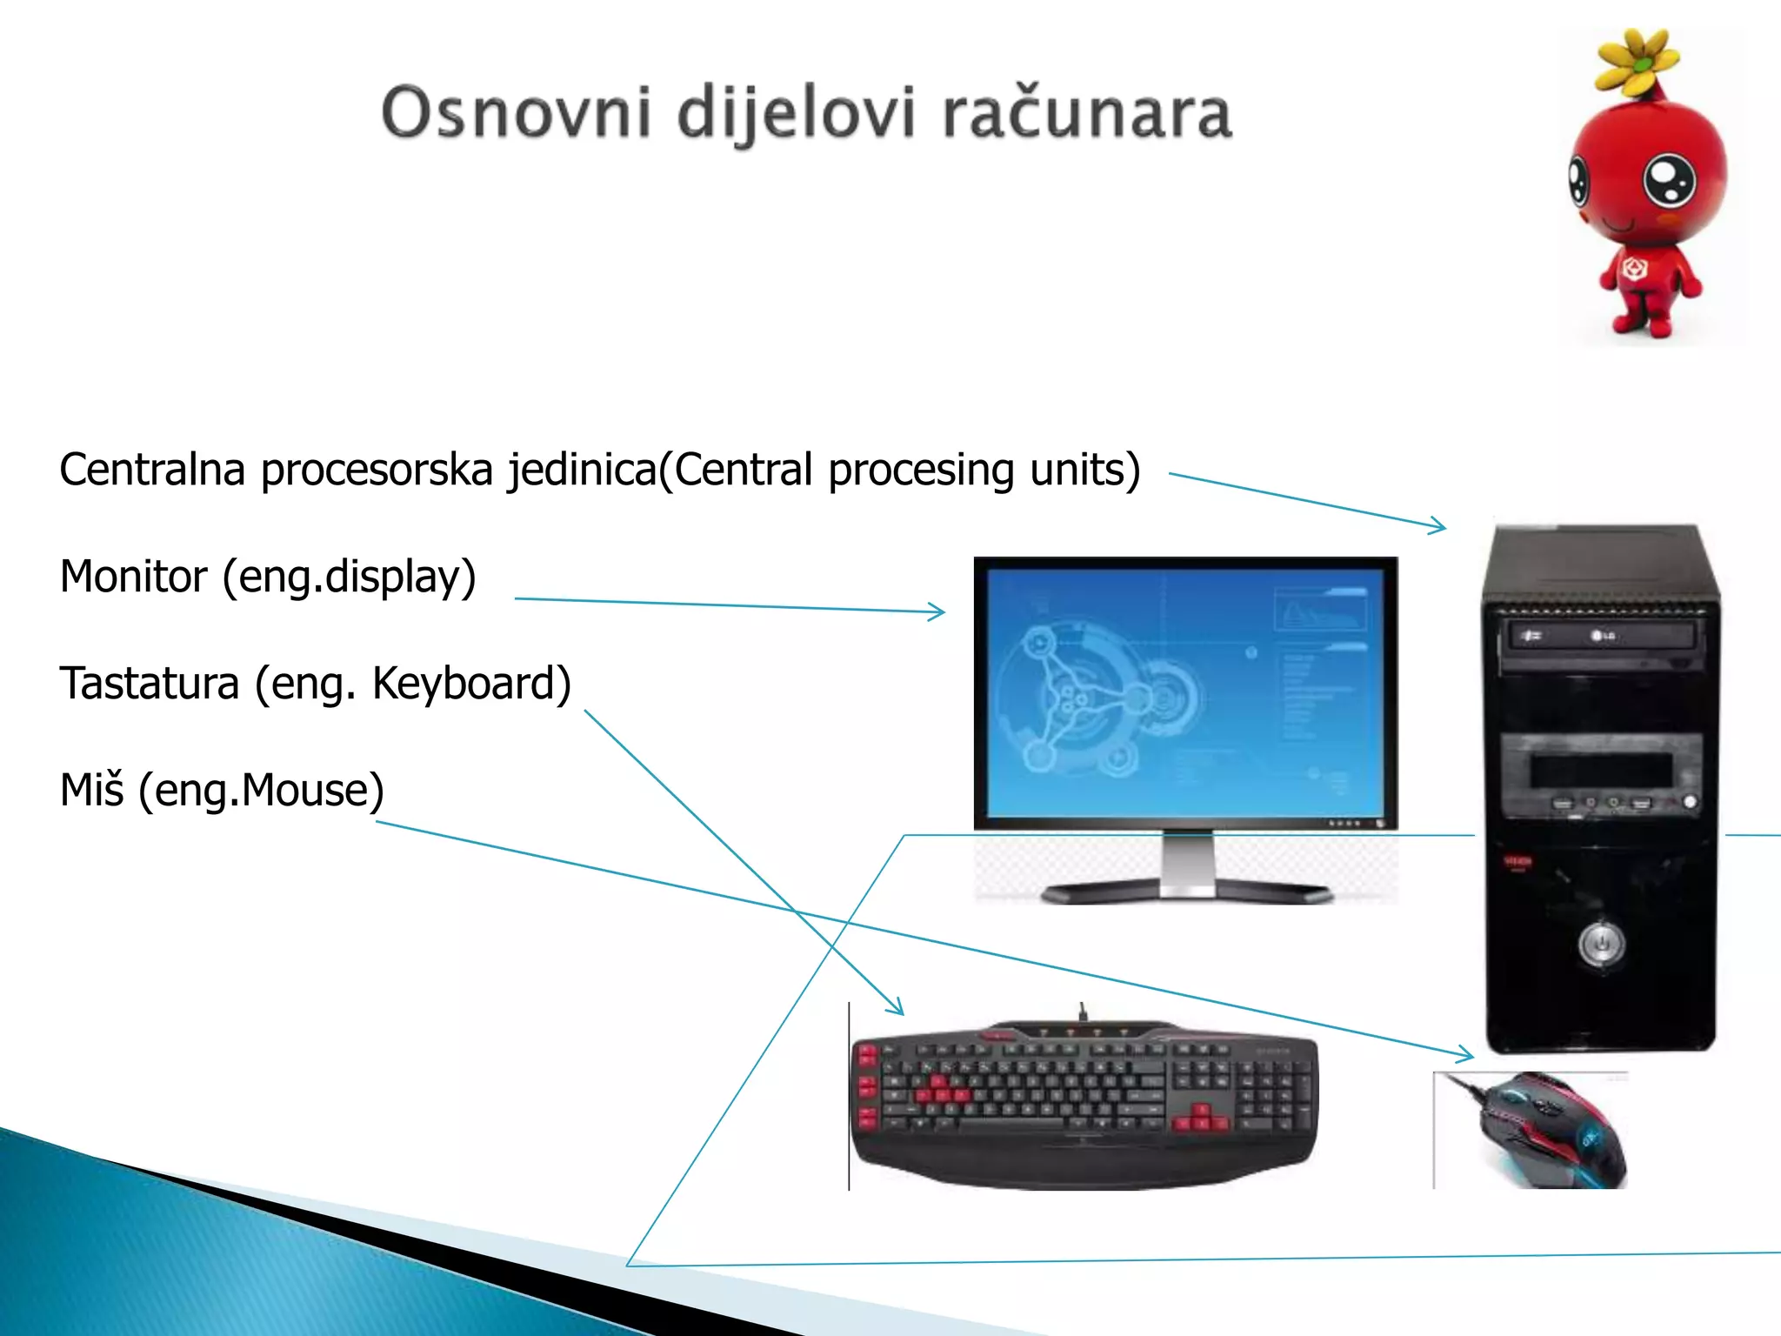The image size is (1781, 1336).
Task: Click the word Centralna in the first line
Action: point(152,470)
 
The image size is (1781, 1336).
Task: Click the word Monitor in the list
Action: point(134,577)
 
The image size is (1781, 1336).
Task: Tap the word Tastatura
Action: point(149,684)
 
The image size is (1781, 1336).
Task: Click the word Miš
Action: point(91,790)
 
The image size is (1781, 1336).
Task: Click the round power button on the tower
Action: point(1600,943)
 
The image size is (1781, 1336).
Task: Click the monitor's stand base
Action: point(1188,892)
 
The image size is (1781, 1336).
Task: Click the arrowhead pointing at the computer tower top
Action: point(1440,525)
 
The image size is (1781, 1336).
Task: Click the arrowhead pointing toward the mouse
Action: point(1468,1056)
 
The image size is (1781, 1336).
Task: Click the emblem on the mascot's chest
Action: point(1635,269)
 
